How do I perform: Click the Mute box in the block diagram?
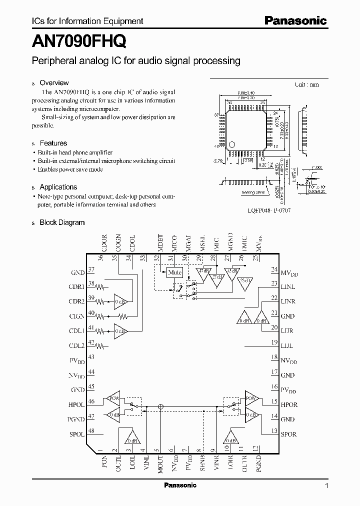click(x=174, y=273)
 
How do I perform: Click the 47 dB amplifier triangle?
click(x=202, y=273)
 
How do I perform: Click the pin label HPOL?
click(x=77, y=401)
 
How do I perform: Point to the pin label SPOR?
click(x=288, y=434)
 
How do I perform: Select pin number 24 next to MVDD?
click(x=274, y=270)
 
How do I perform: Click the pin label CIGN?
click(x=77, y=316)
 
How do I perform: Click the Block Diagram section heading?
click(x=62, y=222)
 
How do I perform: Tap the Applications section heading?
click(x=58, y=187)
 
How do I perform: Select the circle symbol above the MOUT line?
click(x=160, y=406)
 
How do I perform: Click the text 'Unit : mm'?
click(x=306, y=84)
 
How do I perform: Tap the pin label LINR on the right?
click(x=287, y=301)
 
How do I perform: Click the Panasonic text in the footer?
click(x=180, y=485)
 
